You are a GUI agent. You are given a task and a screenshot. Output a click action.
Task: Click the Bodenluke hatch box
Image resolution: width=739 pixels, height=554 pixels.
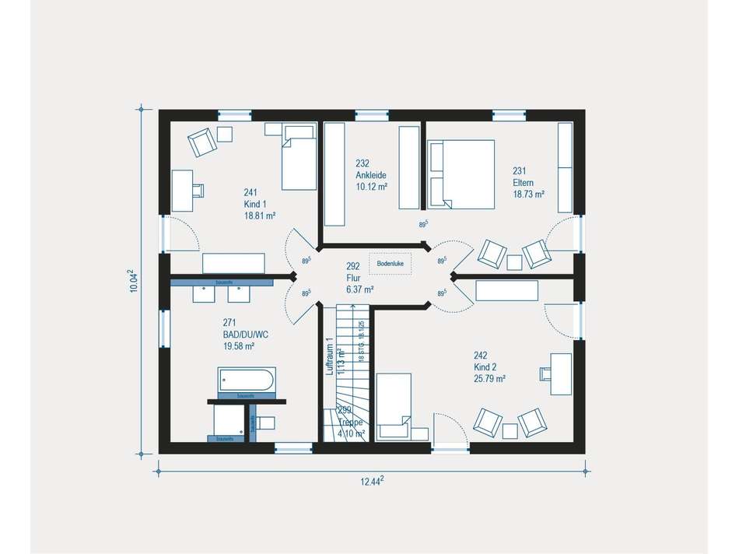point(390,264)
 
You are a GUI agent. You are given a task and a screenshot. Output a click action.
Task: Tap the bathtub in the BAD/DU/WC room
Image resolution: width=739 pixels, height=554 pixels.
point(246,380)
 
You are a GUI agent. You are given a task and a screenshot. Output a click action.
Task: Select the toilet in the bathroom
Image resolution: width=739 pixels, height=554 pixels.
point(265,423)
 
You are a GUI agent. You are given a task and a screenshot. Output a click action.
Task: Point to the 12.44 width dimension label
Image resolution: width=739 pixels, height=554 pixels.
point(372,482)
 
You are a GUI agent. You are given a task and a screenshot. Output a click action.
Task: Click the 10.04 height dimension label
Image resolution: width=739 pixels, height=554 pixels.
point(133,281)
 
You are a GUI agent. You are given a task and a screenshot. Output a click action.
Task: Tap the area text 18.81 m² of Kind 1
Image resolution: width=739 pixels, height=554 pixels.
point(259,216)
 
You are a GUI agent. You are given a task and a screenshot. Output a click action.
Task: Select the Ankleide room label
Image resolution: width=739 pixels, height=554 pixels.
point(371,175)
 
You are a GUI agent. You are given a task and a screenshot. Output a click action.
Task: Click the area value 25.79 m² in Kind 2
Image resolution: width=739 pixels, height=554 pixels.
point(489,379)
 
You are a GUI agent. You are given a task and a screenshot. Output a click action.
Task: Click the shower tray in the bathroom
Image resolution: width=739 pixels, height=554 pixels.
point(229,421)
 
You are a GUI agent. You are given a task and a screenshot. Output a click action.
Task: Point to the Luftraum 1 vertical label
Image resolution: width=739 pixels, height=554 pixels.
point(330,356)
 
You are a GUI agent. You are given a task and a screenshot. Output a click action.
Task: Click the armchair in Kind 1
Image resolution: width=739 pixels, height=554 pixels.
point(201,142)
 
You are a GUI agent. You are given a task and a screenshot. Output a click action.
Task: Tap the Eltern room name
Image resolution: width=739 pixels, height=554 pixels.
point(522,183)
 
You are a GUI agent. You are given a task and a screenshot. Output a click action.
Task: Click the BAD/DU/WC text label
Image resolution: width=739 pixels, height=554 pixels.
point(246,334)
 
